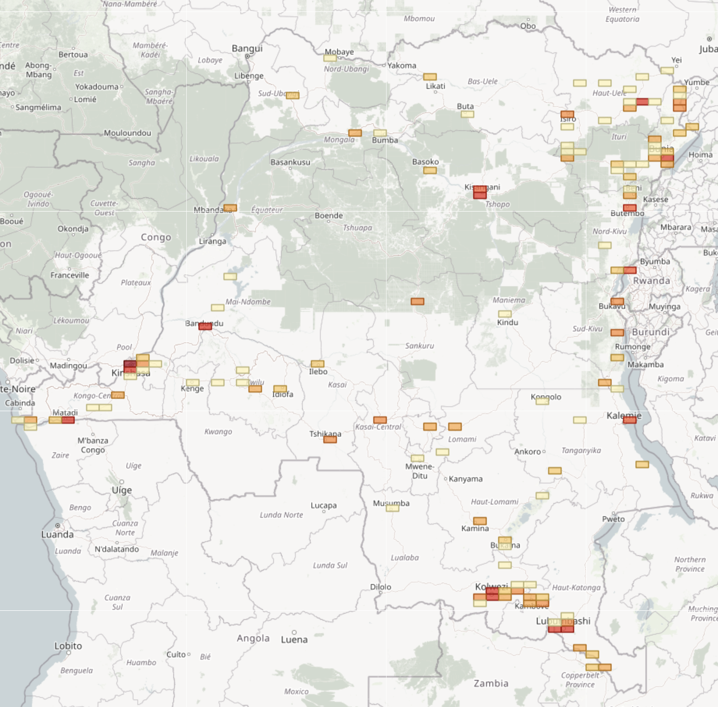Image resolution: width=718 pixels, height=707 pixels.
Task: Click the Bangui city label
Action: (x=247, y=48)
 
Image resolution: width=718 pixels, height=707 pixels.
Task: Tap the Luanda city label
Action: (x=57, y=534)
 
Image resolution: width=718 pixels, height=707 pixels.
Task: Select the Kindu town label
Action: (x=507, y=322)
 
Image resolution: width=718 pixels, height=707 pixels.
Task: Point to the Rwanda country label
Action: (x=651, y=281)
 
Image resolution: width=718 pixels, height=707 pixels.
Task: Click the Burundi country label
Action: (x=650, y=332)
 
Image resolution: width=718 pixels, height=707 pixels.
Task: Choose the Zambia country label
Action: (x=491, y=683)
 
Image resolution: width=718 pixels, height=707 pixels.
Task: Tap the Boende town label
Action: (x=328, y=216)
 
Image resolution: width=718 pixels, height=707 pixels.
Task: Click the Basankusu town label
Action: (x=290, y=162)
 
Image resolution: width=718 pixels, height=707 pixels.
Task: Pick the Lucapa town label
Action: (x=323, y=505)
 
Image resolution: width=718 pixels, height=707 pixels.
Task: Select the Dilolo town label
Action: (x=380, y=587)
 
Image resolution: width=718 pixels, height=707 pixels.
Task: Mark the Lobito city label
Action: (x=68, y=646)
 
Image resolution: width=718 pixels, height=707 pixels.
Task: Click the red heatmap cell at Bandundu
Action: (x=205, y=326)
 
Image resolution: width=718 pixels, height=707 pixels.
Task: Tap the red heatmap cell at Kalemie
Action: (x=630, y=420)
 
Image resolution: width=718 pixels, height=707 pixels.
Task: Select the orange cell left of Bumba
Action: (x=355, y=133)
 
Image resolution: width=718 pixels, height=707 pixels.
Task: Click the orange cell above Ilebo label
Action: (x=317, y=364)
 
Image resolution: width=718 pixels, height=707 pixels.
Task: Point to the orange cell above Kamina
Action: (x=480, y=521)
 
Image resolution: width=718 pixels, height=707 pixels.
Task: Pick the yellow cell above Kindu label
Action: (x=505, y=314)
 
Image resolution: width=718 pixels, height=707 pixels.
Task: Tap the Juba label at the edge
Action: (x=708, y=49)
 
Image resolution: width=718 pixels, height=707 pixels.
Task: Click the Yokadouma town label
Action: (x=97, y=87)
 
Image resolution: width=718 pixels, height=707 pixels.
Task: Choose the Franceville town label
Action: (x=70, y=275)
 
